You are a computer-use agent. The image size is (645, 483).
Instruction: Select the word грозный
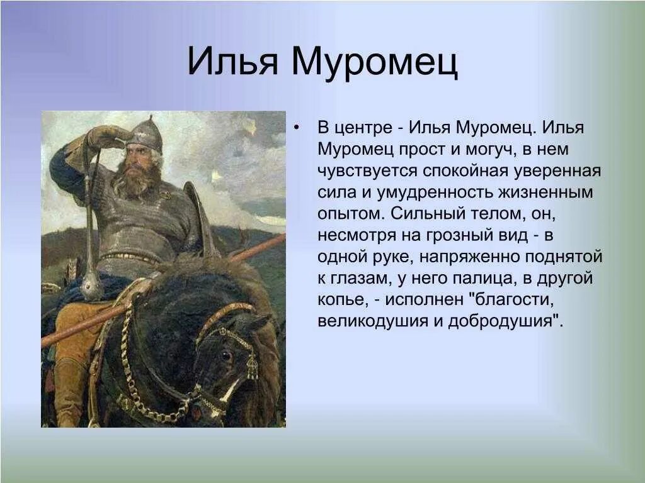point(462,235)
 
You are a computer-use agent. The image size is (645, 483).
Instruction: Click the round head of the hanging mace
point(92,287)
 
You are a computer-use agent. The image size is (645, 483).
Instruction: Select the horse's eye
point(225,355)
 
